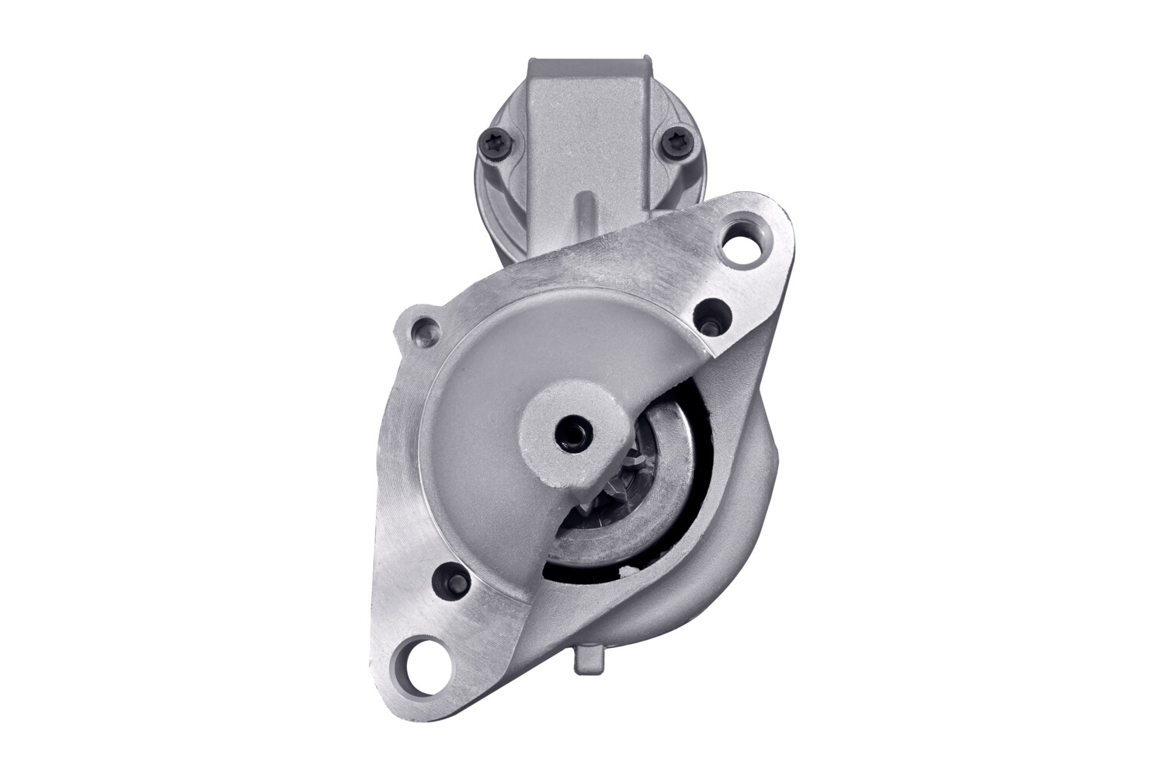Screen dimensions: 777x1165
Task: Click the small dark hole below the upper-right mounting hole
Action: tap(711, 315)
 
